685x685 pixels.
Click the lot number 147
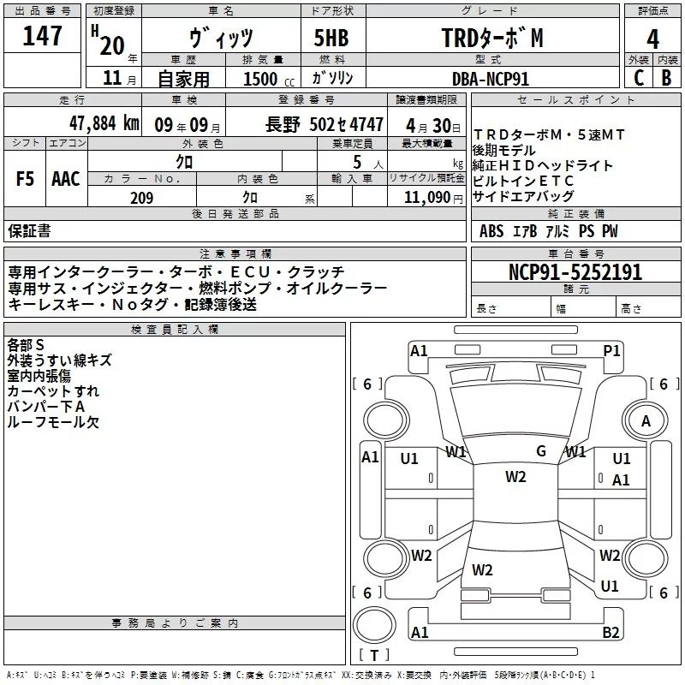click(42, 36)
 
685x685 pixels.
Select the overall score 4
click(652, 39)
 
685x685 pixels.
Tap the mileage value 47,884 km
click(104, 123)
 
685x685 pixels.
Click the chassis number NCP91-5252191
click(575, 272)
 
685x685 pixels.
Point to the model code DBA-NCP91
click(491, 79)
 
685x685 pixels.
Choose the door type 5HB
click(331, 38)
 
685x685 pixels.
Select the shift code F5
click(25, 179)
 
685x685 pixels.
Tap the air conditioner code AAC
click(66, 179)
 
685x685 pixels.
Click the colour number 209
click(141, 198)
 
